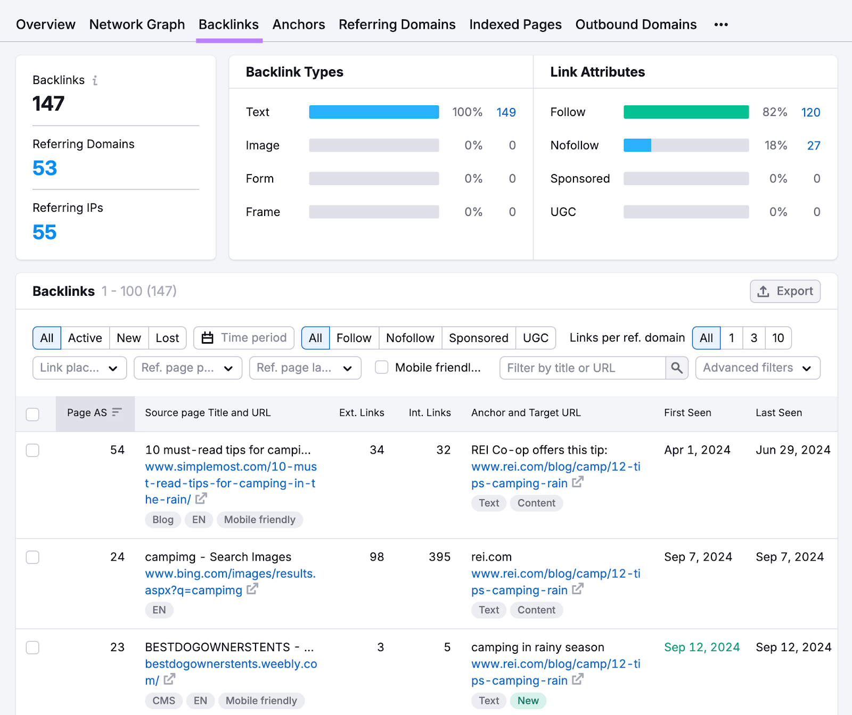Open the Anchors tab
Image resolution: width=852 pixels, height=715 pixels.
click(298, 24)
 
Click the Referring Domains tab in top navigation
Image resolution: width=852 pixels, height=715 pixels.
click(397, 24)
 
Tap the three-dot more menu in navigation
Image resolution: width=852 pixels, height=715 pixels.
click(721, 24)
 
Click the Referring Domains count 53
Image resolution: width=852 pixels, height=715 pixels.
click(45, 168)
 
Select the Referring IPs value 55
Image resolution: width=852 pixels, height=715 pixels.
click(45, 232)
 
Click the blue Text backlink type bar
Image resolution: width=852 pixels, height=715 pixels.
click(374, 112)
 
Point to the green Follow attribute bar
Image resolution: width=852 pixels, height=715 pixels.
click(686, 112)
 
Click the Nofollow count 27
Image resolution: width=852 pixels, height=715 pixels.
click(813, 145)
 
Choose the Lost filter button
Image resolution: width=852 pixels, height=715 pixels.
click(167, 338)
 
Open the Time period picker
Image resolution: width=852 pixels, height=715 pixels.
click(244, 338)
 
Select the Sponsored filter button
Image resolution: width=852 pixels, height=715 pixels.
click(478, 338)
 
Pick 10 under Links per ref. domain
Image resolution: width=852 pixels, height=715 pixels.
click(778, 338)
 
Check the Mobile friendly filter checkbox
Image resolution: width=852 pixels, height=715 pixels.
click(382, 368)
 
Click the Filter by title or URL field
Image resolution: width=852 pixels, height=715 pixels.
click(583, 368)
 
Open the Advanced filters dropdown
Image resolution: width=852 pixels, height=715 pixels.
click(757, 368)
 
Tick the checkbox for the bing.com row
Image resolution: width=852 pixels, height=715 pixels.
click(33, 557)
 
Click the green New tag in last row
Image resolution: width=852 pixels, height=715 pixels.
click(528, 701)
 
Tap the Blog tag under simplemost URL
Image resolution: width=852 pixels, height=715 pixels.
click(163, 520)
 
